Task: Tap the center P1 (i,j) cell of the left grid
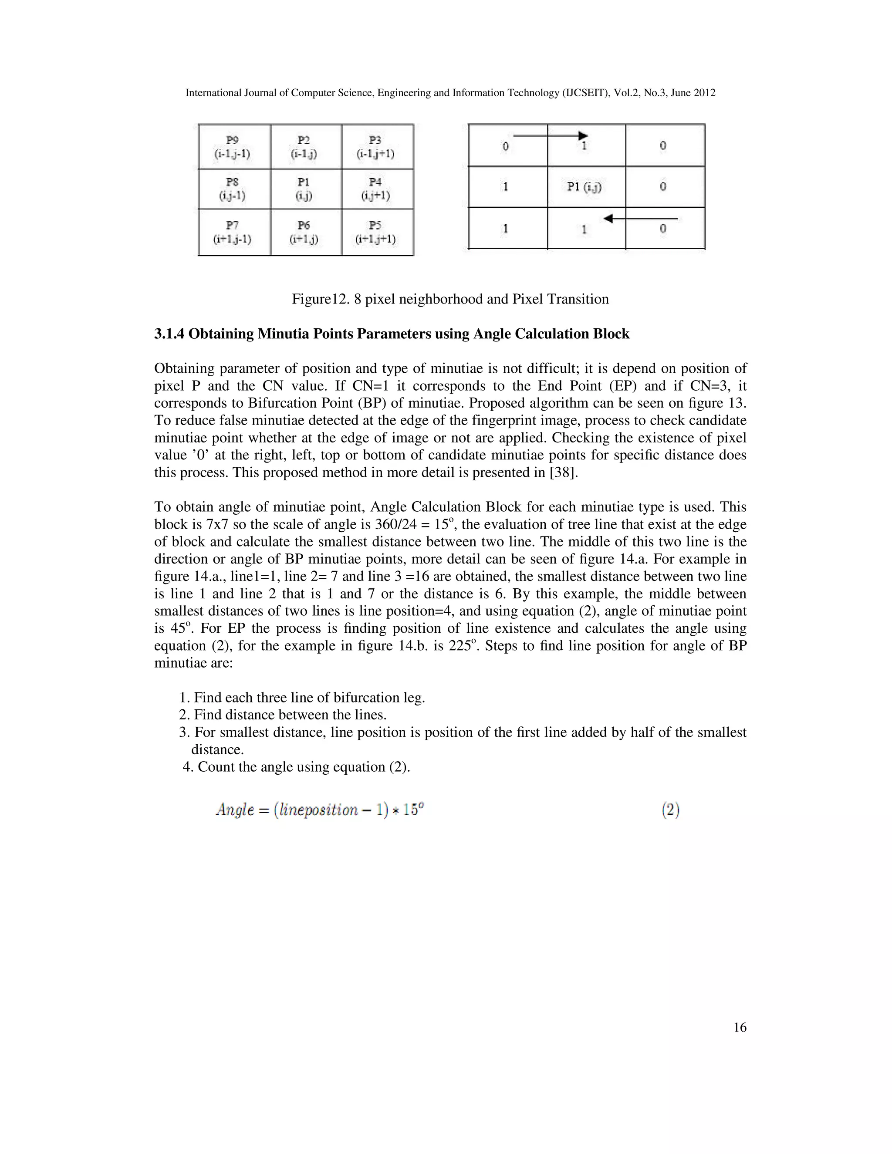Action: point(304,189)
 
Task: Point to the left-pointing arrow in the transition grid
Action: point(639,219)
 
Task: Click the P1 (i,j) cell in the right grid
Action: point(584,186)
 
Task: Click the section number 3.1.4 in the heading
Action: point(169,334)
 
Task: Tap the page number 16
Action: point(740,1027)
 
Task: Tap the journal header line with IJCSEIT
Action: point(450,93)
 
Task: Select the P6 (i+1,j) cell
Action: point(304,232)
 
